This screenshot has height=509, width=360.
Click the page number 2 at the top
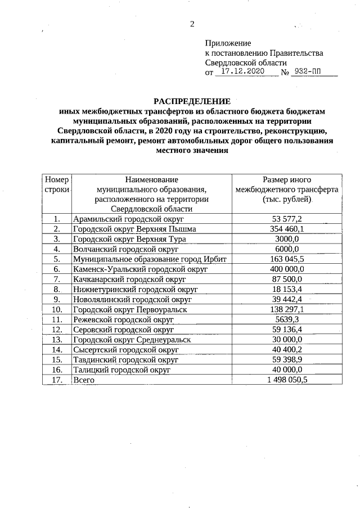pyautogui.click(x=192, y=24)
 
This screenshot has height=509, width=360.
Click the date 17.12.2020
pyautogui.click(x=242, y=72)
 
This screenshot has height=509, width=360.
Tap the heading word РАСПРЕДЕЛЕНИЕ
pyautogui.click(x=192, y=102)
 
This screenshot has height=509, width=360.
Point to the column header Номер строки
pyautogui.click(x=57, y=184)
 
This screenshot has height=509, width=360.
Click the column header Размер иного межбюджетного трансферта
pyautogui.click(x=287, y=190)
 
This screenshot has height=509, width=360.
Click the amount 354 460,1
pyautogui.click(x=287, y=229)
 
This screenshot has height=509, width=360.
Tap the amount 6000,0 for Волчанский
pyautogui.click(x=287, y=249)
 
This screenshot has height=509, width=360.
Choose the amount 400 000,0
pyautogui.click(x=287, y=269)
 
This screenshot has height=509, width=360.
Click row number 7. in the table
pyautogui.click(x=57, y=280)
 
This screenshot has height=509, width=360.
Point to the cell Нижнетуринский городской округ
pyautogui.click(x=134, y=290)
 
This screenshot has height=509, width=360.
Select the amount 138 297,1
pyautogui.click(x=287, y=310)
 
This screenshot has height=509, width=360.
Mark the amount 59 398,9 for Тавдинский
pyautogui.click(x=287, y=359)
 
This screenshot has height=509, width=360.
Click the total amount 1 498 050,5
pyautogui.click(x=287, y=380)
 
